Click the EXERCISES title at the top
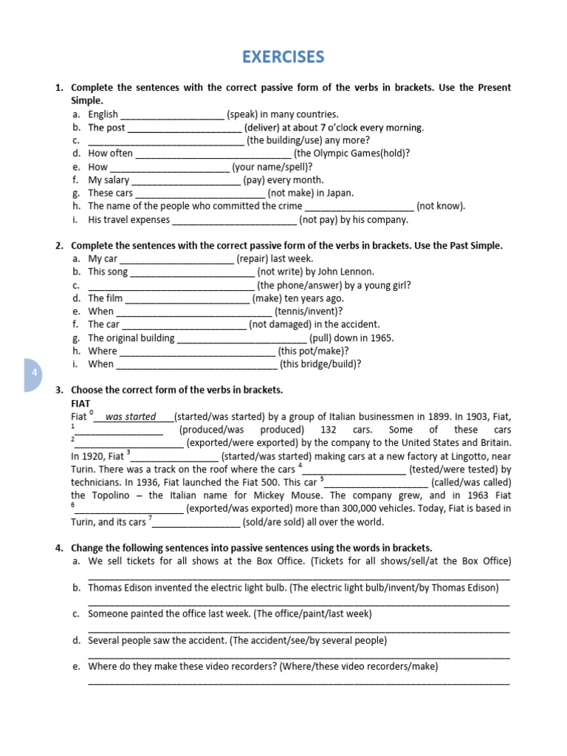[283, 57]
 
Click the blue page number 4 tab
[33, 374]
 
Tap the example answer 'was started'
[131, 416]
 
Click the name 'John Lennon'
[348, 272]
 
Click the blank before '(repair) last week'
[176, 259]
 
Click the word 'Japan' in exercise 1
[339, 193]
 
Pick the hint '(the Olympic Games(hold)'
[351, 154]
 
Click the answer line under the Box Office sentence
[298, 578]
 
